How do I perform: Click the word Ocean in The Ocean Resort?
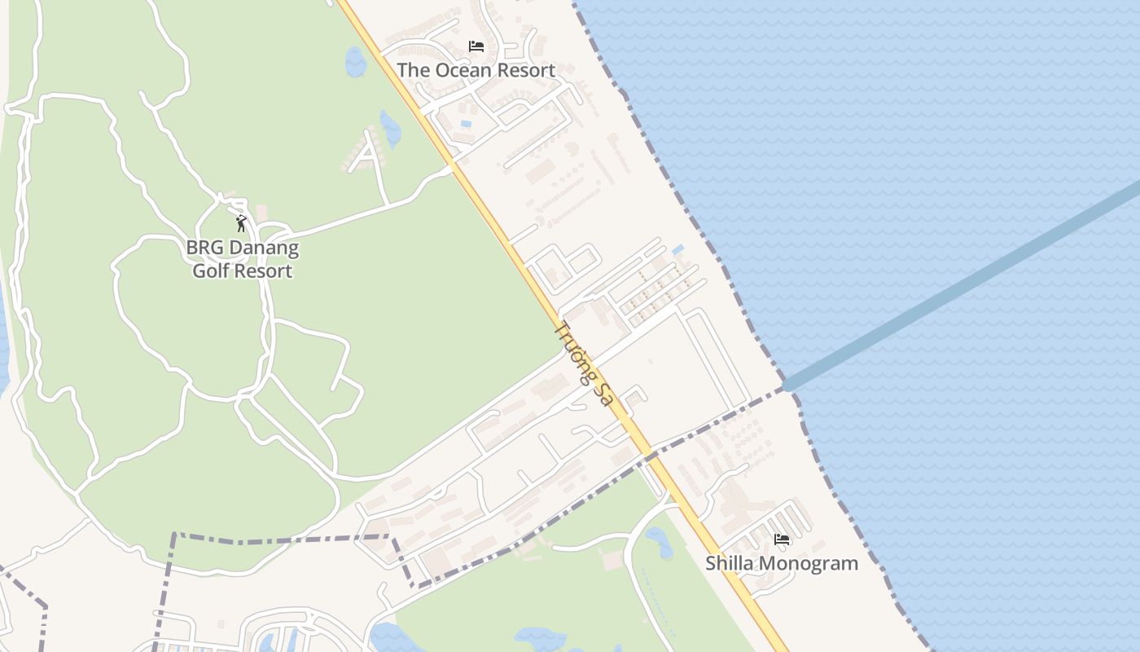coord(463,71)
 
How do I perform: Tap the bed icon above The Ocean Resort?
coord(476,46)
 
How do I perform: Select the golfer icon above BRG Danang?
coord(241,223)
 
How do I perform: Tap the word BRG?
coord(203,248)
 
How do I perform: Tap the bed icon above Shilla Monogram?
coord(782,540)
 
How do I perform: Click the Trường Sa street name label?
coord(583,363)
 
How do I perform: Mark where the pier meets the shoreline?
coord(788,386)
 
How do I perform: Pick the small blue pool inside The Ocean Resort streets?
coord(466,124)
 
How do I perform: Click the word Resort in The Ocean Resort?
coord(526,71)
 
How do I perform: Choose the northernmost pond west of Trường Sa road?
coord(356,62)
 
